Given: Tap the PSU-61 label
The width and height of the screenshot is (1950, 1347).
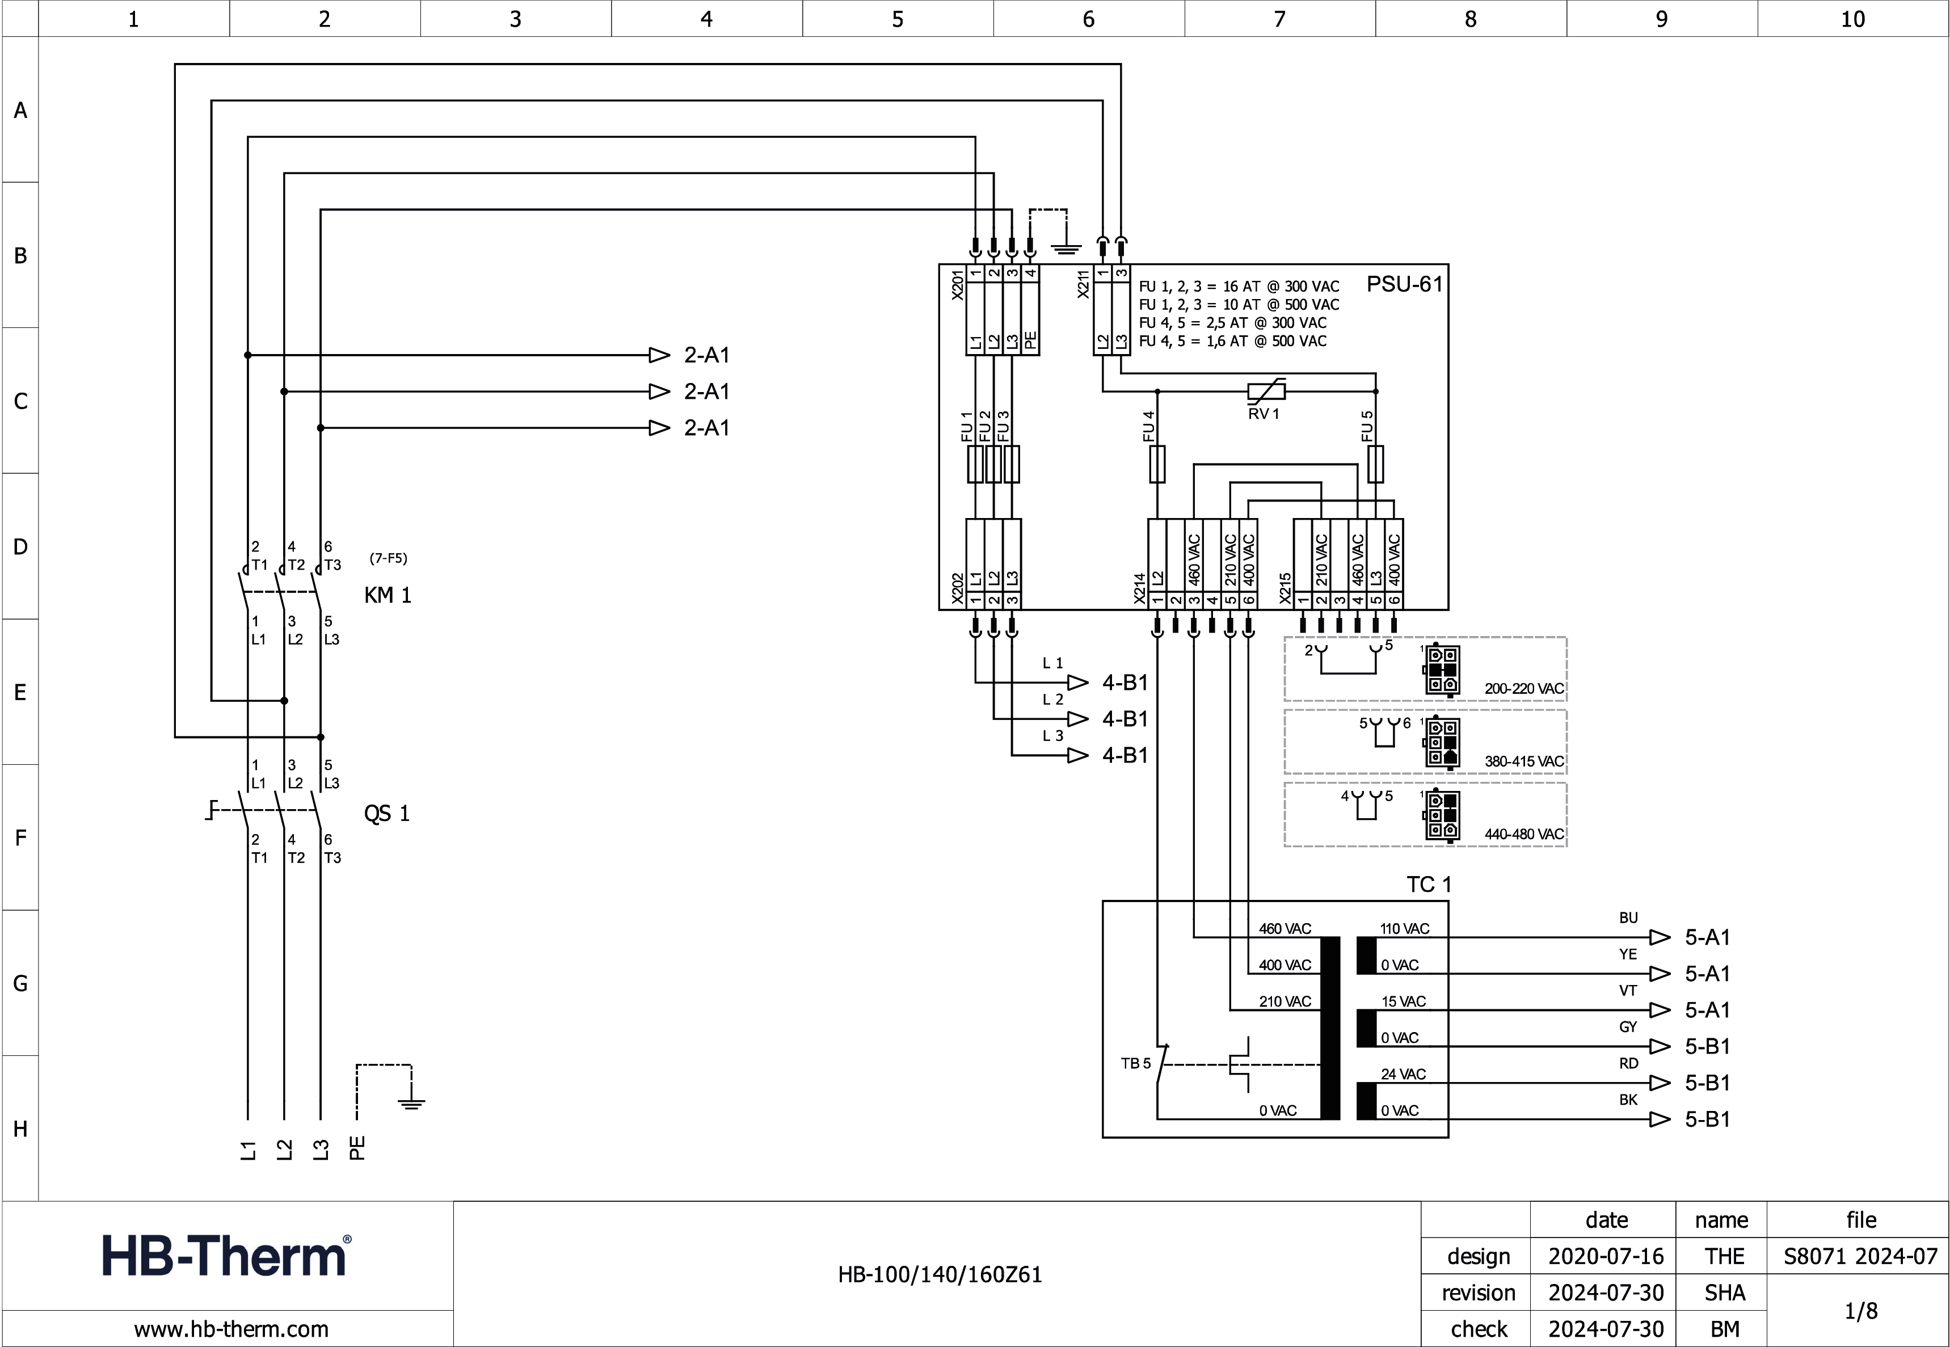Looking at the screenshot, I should (1404, 284).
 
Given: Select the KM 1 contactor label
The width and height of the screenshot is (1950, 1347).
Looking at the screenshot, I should (388, 595).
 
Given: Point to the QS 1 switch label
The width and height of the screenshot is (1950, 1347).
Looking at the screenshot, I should (386, 814).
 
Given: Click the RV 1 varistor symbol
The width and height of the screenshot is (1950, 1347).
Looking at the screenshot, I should (1266, 391).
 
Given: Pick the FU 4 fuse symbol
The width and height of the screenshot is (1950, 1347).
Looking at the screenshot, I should (1157, 464).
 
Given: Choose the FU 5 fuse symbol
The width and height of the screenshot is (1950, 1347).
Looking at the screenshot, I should (1375, 464).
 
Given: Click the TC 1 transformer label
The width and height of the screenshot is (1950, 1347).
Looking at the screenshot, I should (1429, 885).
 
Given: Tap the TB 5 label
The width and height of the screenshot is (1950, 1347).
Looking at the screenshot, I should (1135, 1063).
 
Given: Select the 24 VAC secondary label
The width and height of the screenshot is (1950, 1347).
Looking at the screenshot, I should (1403, 1075).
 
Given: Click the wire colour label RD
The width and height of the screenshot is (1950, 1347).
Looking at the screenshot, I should (1628, 1063).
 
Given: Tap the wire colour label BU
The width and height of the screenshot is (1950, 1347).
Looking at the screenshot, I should (1628, 917).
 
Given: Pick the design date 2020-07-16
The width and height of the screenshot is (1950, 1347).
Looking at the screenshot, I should (1606, 1257).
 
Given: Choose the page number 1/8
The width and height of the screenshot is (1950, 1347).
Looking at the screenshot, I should (1860, 1311).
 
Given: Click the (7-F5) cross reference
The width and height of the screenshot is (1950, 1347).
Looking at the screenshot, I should (388, 558).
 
